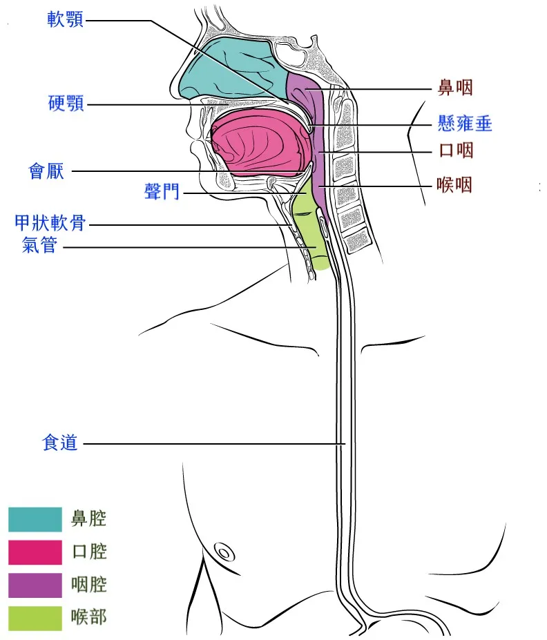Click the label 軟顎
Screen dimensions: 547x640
(x=66, y=19)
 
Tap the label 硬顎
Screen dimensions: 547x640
(x=66, y=104)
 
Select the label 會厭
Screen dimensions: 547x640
(x=46, y=171)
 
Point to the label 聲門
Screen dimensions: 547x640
(x=162, y=191)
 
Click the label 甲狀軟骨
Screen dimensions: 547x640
(x=50, y=223)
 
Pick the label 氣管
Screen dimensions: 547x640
(x=39, y=245)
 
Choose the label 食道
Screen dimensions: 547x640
(x=59, y=443)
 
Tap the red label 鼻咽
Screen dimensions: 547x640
(x=455, y=88)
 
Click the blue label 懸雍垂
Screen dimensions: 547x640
(x=465, y=124)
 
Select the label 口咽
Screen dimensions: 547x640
(x=456, y=151)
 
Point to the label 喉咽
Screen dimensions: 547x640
(x=454, y=185)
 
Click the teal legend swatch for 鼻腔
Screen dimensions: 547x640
(x=35, y=520)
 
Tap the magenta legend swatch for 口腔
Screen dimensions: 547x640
(x=35, y=552)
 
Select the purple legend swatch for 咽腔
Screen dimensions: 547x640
(x=35, y=585)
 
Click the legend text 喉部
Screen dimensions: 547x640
(x=88, y=617)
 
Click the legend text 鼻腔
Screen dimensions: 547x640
(x=88, y=518)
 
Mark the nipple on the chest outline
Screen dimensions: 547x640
(x=224, y=553)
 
